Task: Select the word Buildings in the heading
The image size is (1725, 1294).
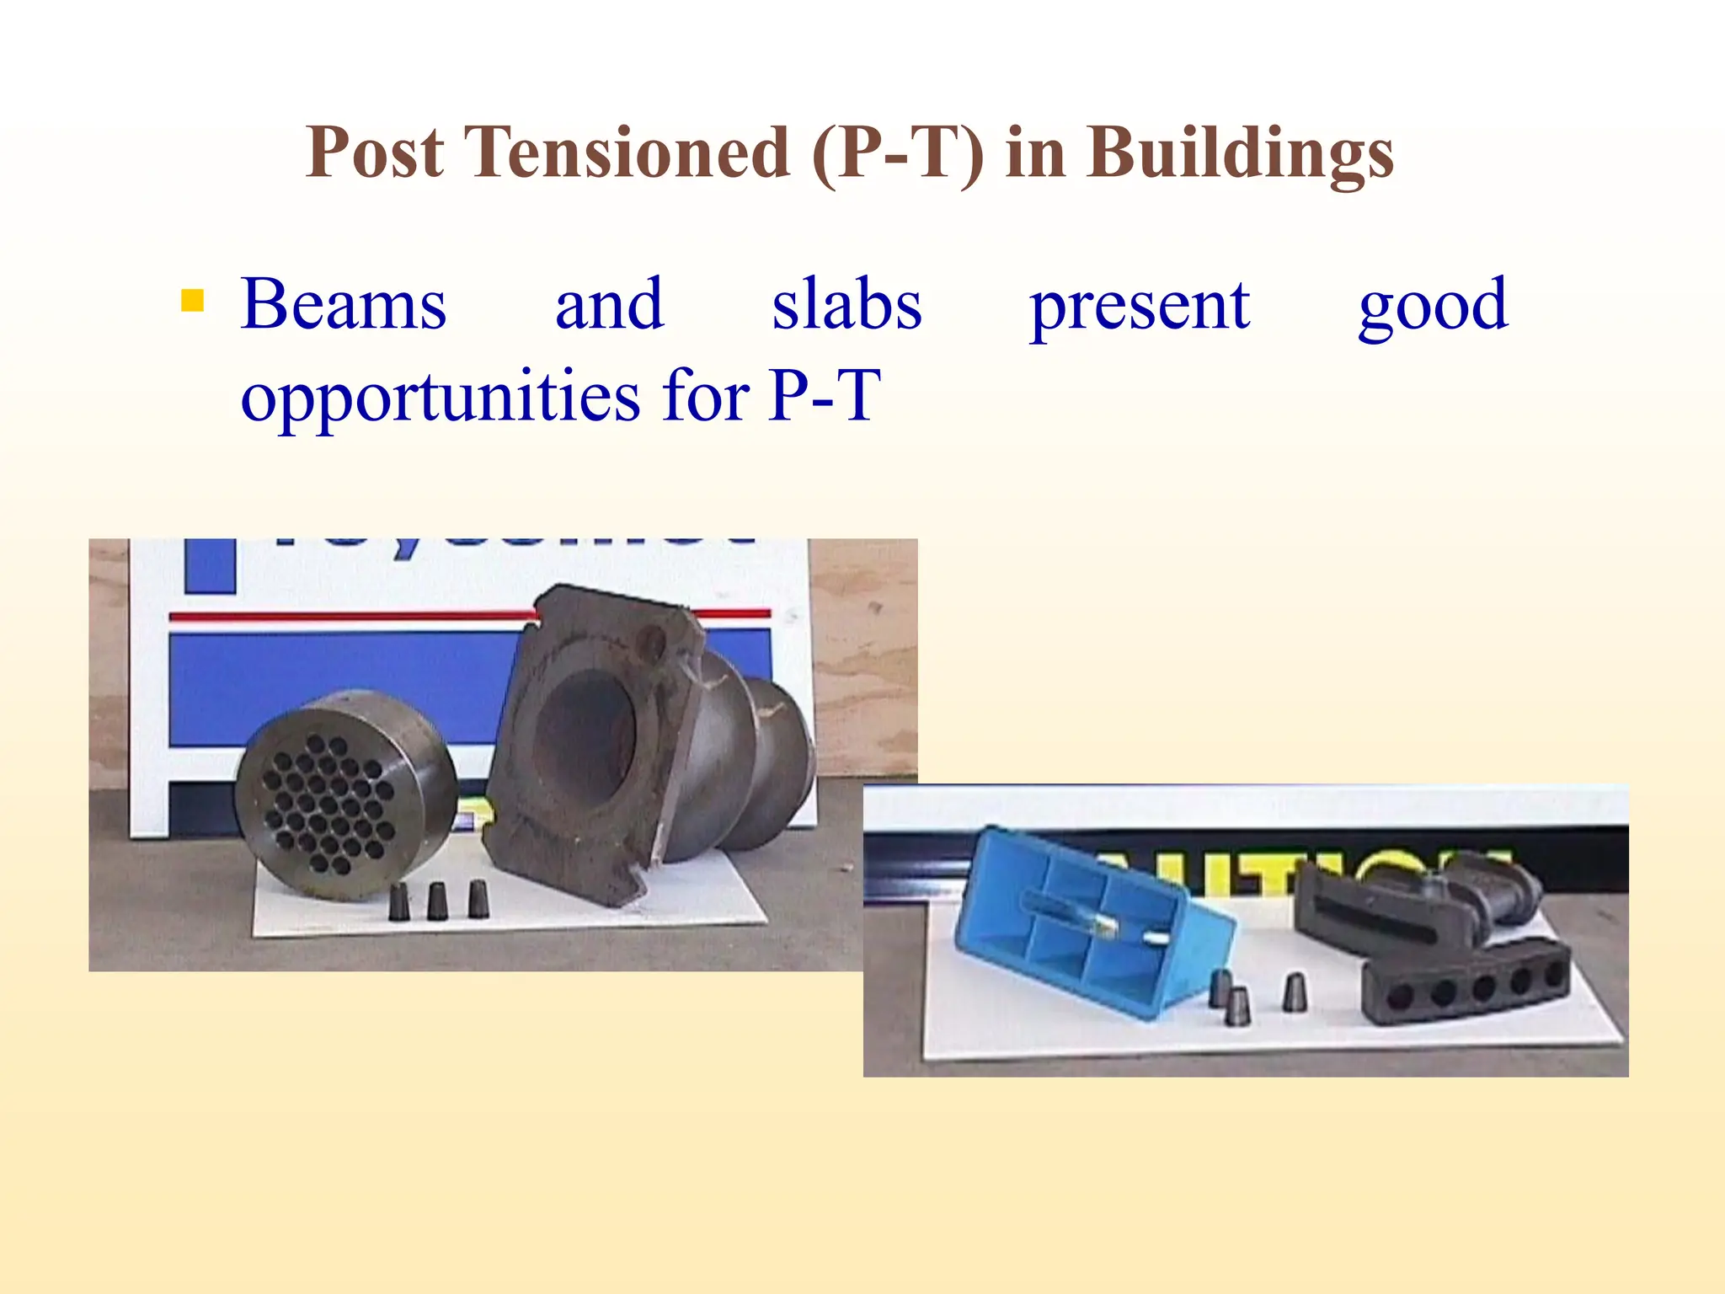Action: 1240,154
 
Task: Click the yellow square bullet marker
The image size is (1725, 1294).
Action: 193,301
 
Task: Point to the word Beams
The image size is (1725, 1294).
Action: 344,304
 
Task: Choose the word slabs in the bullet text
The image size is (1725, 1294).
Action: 846,304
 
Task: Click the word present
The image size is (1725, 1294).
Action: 1140,306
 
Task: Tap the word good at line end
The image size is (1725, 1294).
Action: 1433,306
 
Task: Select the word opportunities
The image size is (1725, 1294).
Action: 440,397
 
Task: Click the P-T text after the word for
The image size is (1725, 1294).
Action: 825,395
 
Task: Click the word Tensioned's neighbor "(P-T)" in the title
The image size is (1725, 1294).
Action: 898,154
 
